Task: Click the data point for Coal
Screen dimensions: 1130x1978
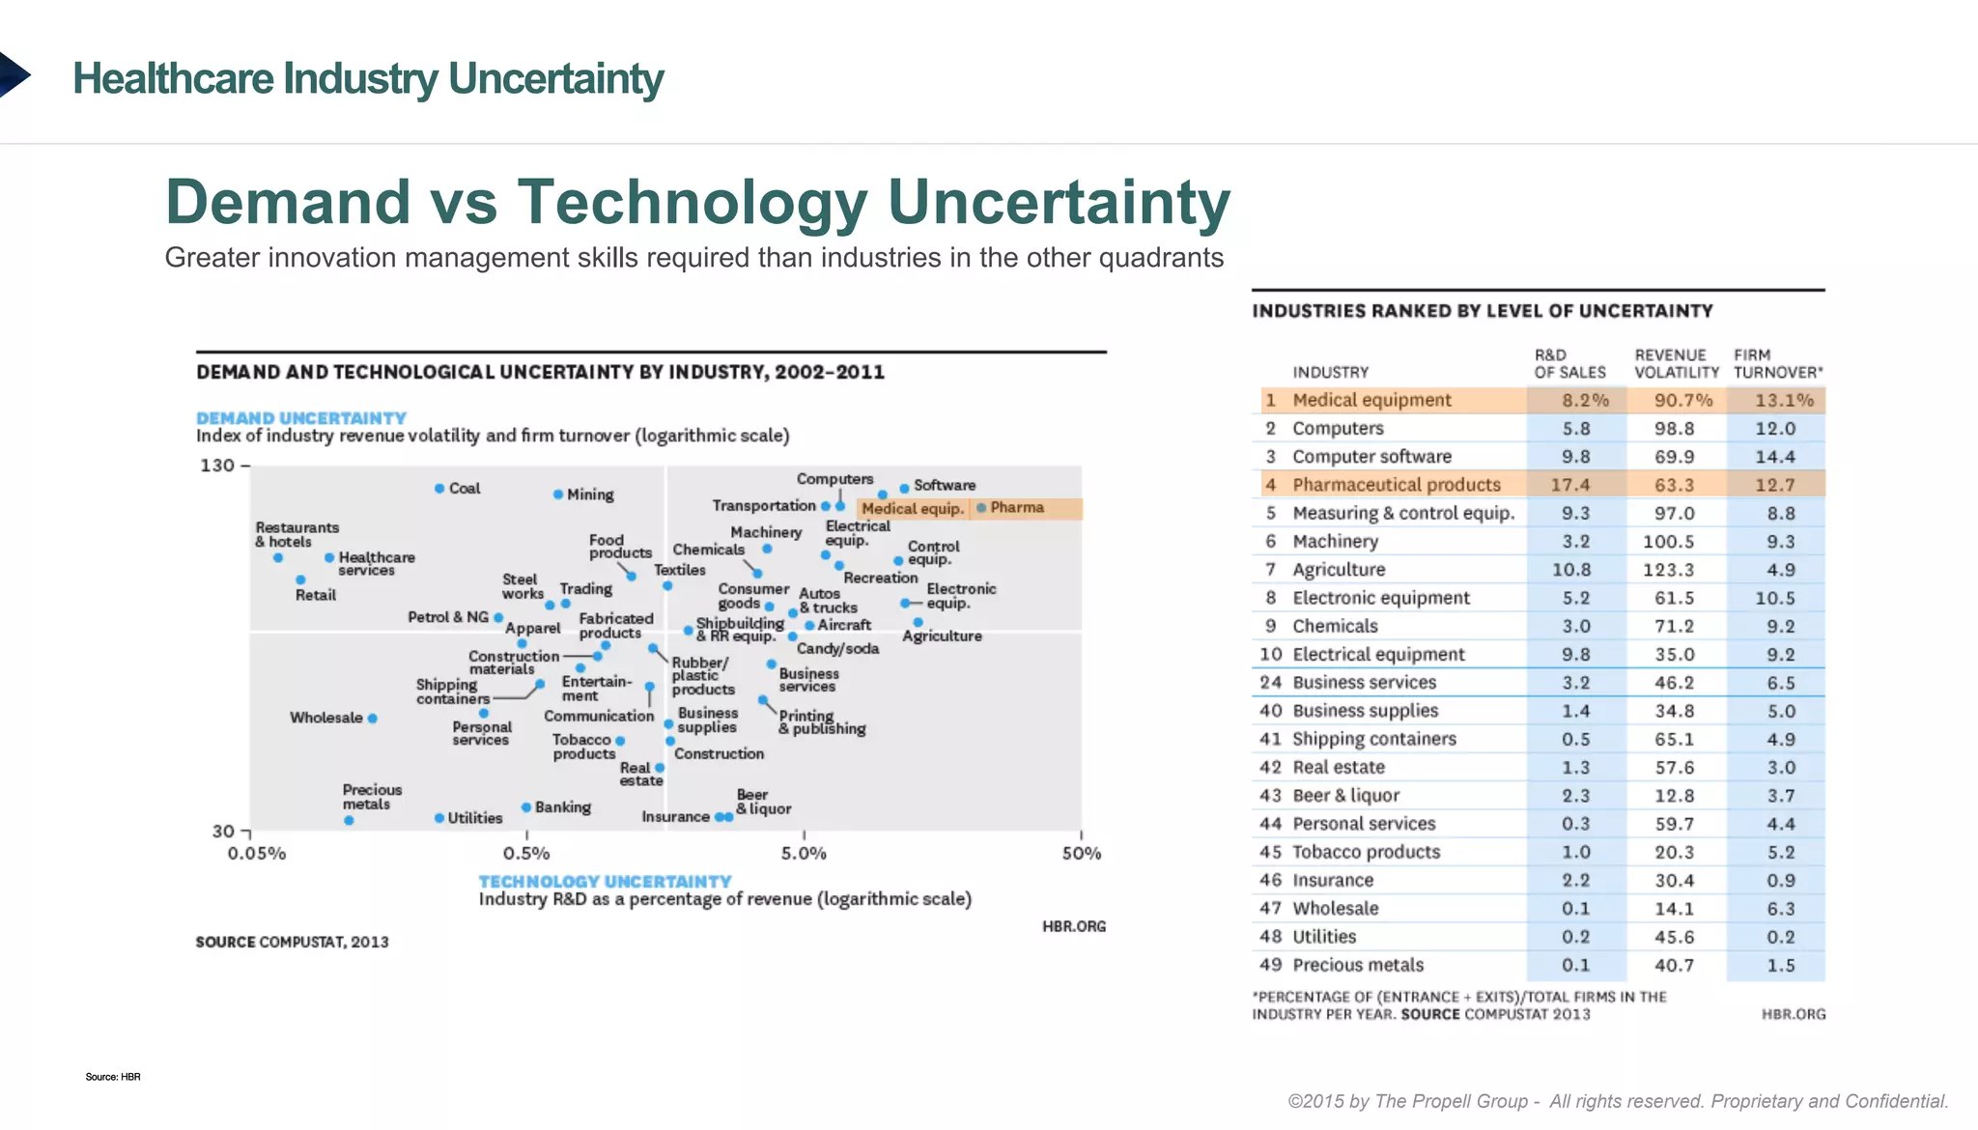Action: (x=439, y=489)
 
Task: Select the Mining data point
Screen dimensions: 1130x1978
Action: (x=558, y=494)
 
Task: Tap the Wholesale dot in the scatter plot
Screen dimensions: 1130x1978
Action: (x=372, y=719)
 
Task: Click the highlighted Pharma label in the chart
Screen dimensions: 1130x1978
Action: (x=1016, y=508)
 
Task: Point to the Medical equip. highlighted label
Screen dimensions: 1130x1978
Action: (x=912, y=509)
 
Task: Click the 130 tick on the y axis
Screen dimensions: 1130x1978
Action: (x=217, y=466)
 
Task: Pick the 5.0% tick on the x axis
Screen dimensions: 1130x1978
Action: (x=804, y=854)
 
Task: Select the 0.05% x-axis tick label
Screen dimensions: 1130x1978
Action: (x=257, y=854)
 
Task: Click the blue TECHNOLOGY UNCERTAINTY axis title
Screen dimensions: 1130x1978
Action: (x=605, y=882)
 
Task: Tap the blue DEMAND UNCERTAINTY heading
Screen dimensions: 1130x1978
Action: (x=301, y=418)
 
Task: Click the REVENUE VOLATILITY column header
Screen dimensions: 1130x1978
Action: (x=1676, y=364)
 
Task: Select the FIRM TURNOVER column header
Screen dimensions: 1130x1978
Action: (x=1777, y=364)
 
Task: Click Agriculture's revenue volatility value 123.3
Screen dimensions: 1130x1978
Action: (x=1674, y=570)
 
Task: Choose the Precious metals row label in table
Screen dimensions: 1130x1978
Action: (x=1358, y=965)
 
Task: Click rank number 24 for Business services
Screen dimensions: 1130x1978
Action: (x=1270, y=683)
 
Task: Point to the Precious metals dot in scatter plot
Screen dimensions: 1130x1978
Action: (x=349, y=821)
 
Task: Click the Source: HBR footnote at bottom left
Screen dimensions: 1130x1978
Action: (x=113, y=1077)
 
